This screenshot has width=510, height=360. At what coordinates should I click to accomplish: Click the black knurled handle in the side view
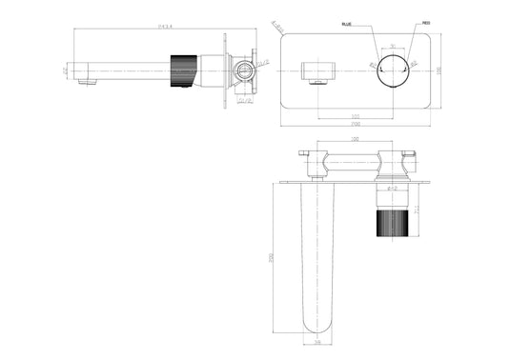[179, 72]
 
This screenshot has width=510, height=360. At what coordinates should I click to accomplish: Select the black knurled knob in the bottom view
[394, 229]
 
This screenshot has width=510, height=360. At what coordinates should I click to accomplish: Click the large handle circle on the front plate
[394, 71]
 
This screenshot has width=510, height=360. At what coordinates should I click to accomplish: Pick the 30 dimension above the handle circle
[394, 47]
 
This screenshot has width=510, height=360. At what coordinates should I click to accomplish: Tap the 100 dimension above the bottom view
[356, 141]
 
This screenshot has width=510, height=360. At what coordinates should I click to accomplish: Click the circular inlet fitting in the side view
[243, 71]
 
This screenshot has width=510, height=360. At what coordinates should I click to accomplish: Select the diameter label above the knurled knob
[393, 188]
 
